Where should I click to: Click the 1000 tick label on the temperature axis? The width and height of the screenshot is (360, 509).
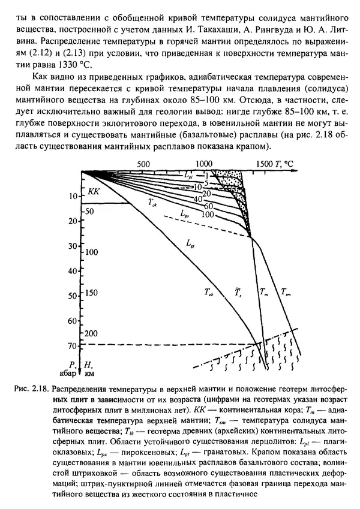pos(205,163)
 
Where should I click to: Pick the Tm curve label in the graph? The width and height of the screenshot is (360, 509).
pos(264,292)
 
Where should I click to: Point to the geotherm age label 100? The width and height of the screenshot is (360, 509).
pos(208,214)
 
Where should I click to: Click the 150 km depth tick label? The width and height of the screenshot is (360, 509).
pos(90,293)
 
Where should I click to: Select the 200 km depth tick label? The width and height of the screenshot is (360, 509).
pos(90,333)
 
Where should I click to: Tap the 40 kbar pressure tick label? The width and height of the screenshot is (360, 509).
pos(74,271)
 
